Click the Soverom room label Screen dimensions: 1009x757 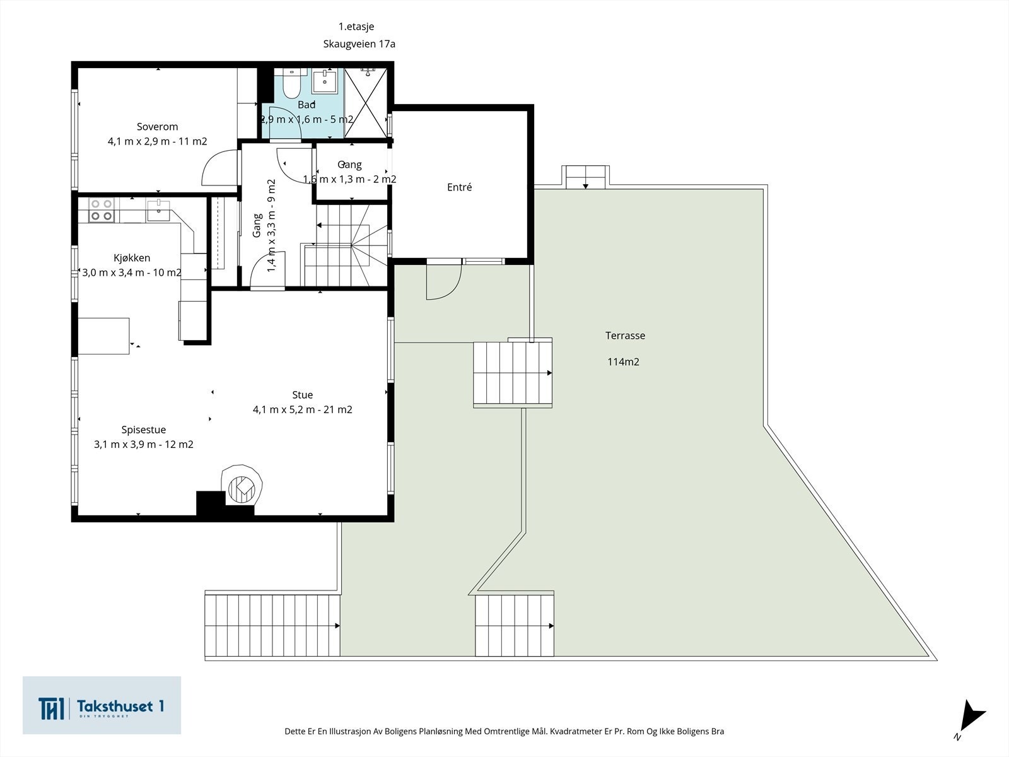(x=157, y=126)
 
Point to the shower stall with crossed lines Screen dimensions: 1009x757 (x=366, y=102)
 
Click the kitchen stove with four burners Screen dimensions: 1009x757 (x=101, y=210)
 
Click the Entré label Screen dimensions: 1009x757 (x=459, y=187)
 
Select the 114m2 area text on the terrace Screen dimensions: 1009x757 (x=623, y=361)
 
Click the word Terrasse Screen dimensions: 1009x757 (x=625, y=336)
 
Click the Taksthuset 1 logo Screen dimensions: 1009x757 (x=102, y=705)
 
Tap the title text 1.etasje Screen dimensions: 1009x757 (x=356, y=26)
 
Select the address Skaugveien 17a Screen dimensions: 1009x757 (x=359, y=44)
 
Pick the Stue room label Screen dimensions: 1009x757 (x=303, y=395)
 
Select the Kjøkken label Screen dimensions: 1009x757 (x=132, y=258)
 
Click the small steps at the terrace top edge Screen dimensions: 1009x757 (x=586, y=177)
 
